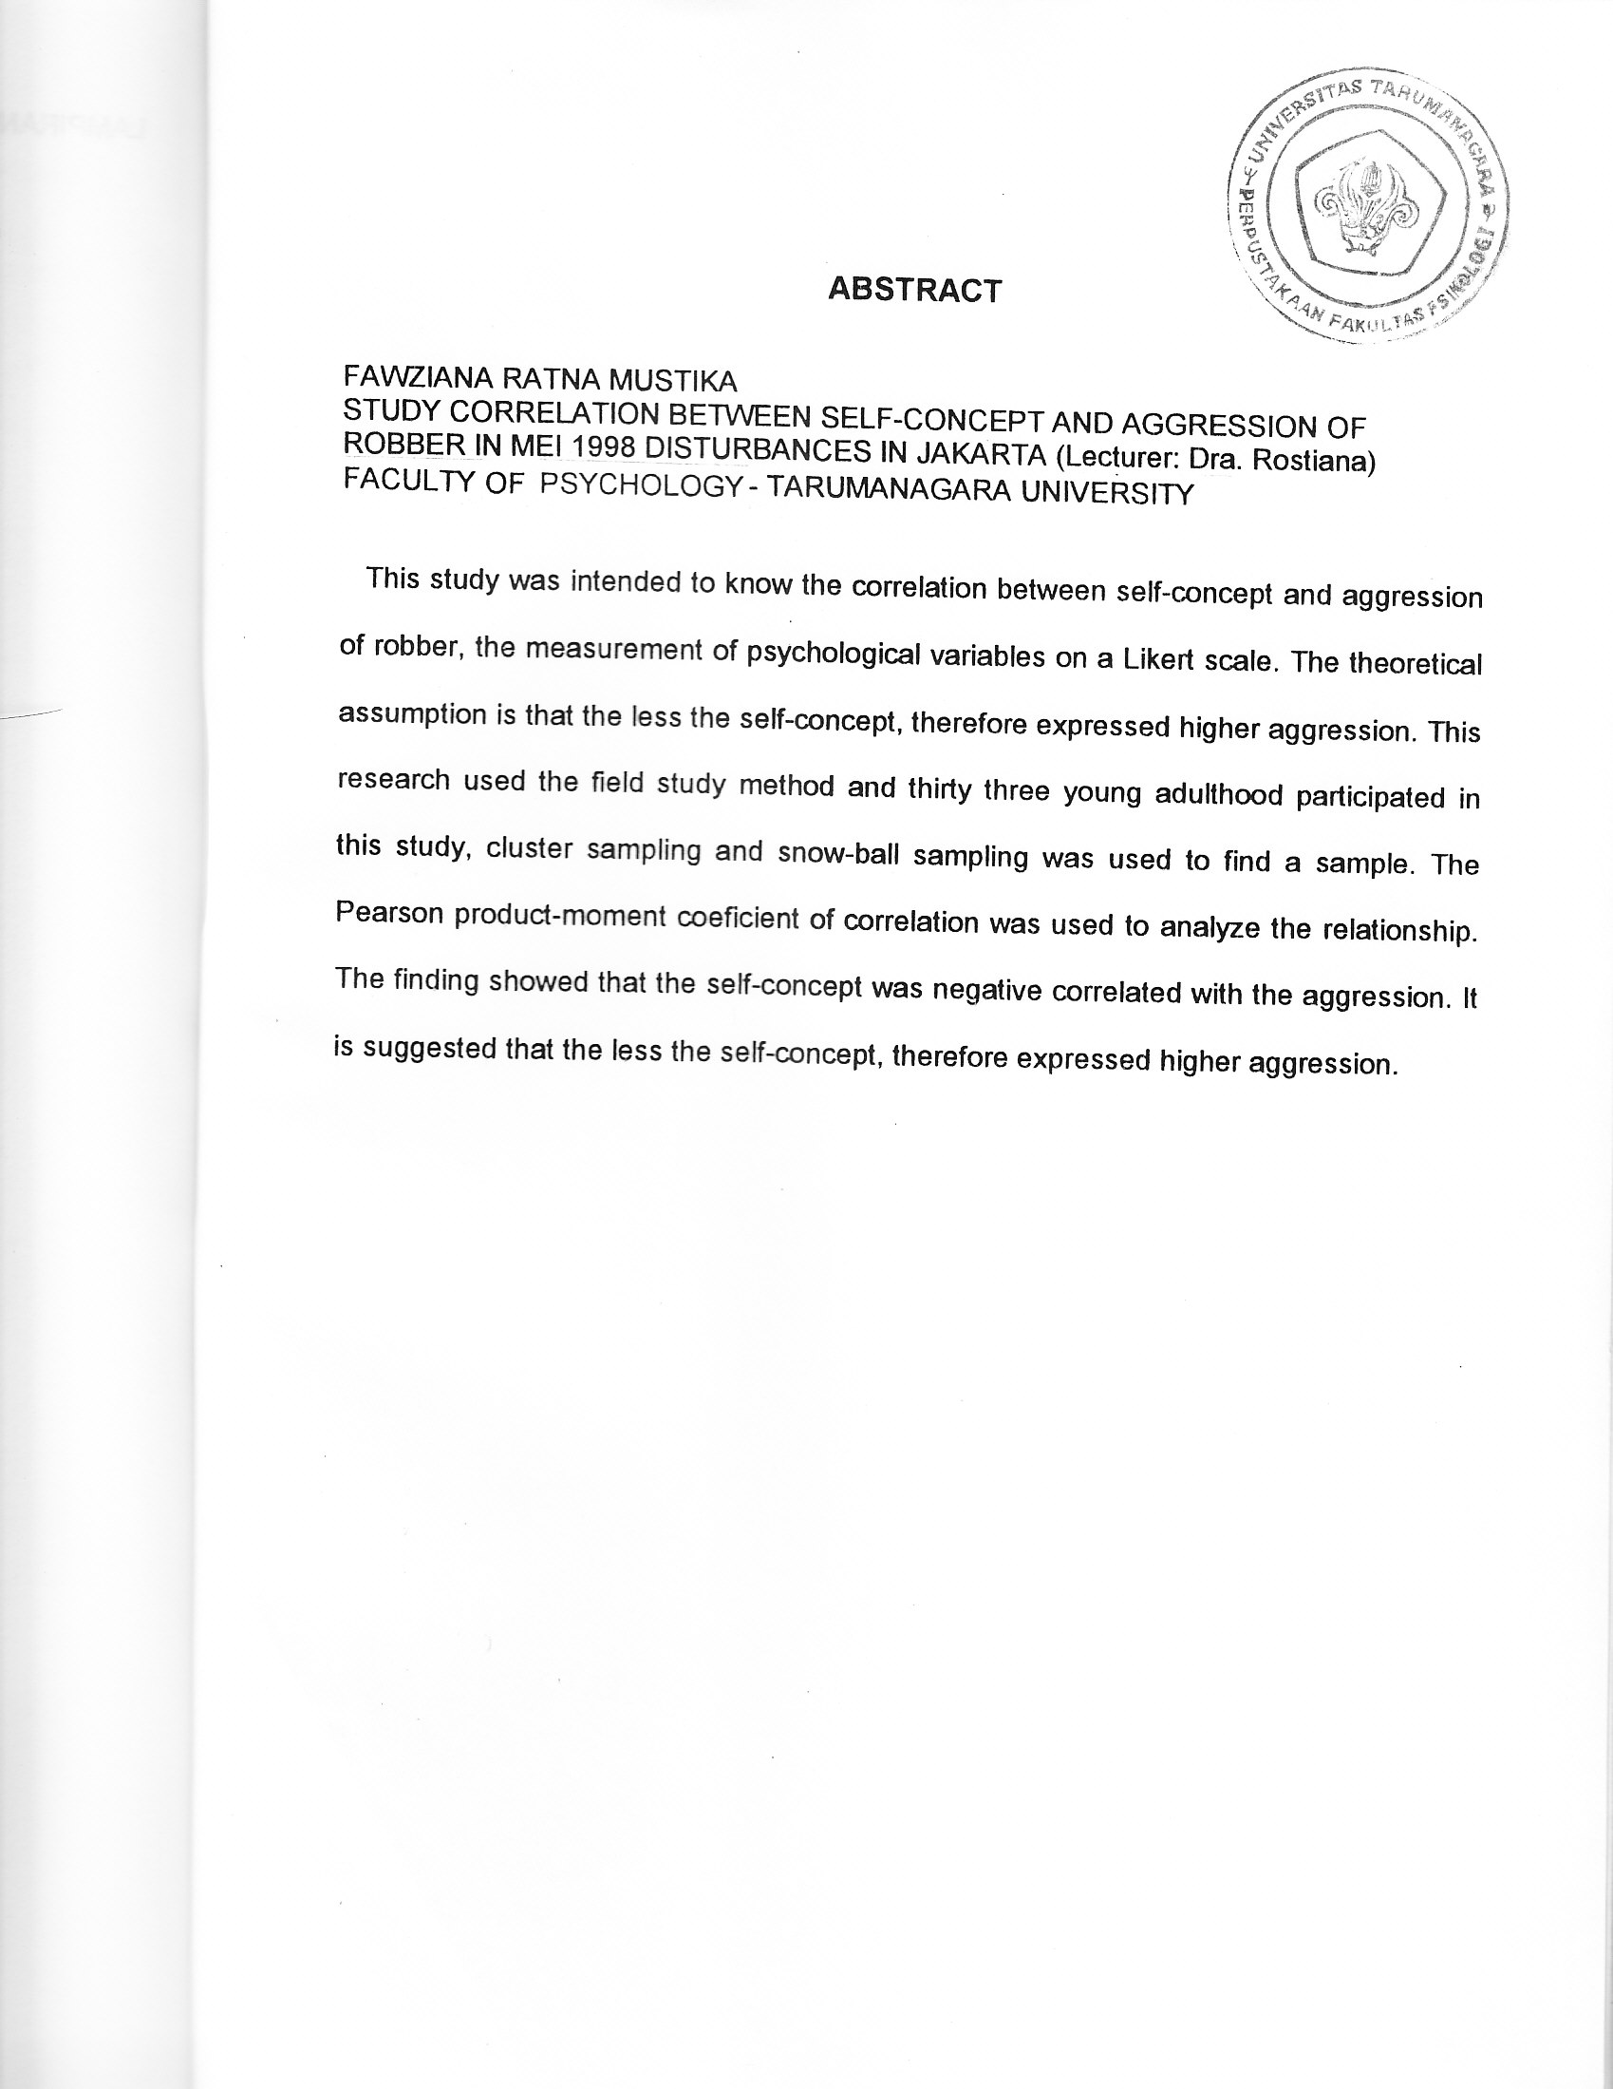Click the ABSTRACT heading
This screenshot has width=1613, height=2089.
[914, 289]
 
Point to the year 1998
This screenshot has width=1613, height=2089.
[603, 448]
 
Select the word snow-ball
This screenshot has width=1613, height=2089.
[838, 853]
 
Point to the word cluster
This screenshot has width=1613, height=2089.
[530, 849]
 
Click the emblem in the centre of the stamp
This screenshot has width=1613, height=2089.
[1368, 207]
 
